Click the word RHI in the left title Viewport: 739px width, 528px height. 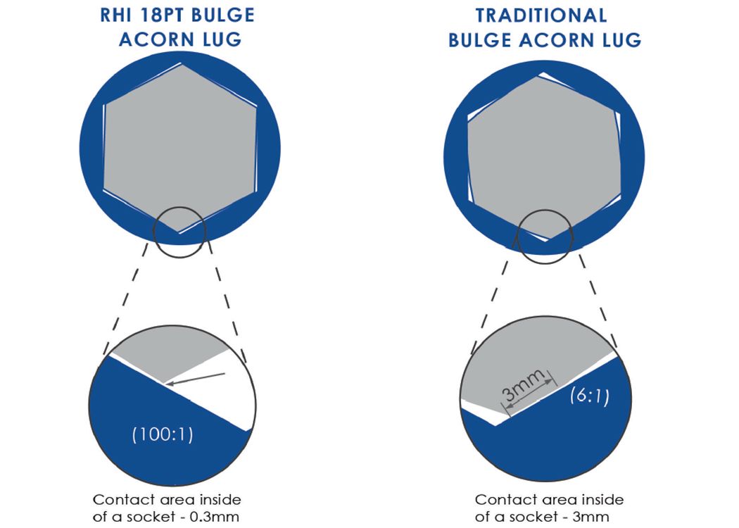click(x=115, y=15)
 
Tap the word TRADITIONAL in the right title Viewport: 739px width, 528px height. click(x=541, y=15)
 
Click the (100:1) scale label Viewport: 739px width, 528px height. click(x=163, y=434)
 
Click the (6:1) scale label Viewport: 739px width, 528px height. click(x=590, y=395)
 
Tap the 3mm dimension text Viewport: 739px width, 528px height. click(x=523, y=385)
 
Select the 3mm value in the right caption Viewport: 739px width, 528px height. click(x=591, y=517)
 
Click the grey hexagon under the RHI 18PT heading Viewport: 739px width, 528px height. click(x=180, y=148)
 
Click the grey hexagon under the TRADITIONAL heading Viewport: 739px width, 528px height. click(x=544, y=156)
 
